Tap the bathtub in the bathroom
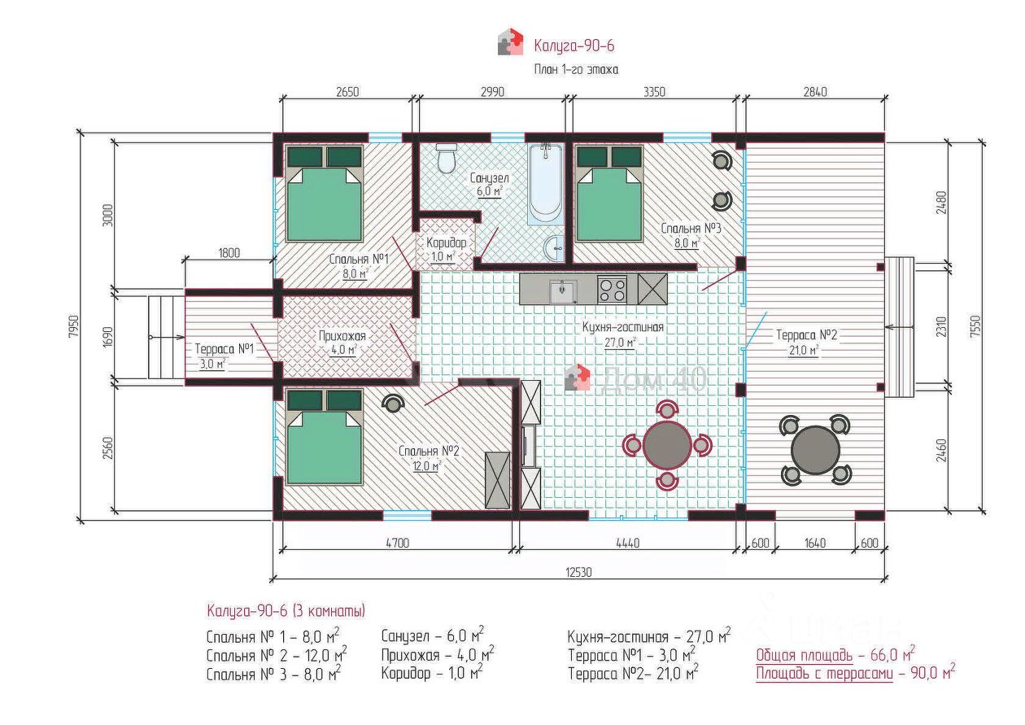point(545,184)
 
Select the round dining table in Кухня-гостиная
point(667,444)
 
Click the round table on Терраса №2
point(815,449)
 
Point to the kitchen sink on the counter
point(563,291)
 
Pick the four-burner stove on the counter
point(612,290)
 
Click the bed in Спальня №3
point(609,193)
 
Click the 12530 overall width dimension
point(578,572)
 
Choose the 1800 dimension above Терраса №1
point(229,253)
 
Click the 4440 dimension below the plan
point(628,544)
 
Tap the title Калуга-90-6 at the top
point(574,46)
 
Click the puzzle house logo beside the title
point(510,41)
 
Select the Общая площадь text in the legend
point(804,655)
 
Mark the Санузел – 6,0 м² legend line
point(433,635)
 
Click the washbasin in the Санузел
point(554,248)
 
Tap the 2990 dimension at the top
point(492,92)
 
